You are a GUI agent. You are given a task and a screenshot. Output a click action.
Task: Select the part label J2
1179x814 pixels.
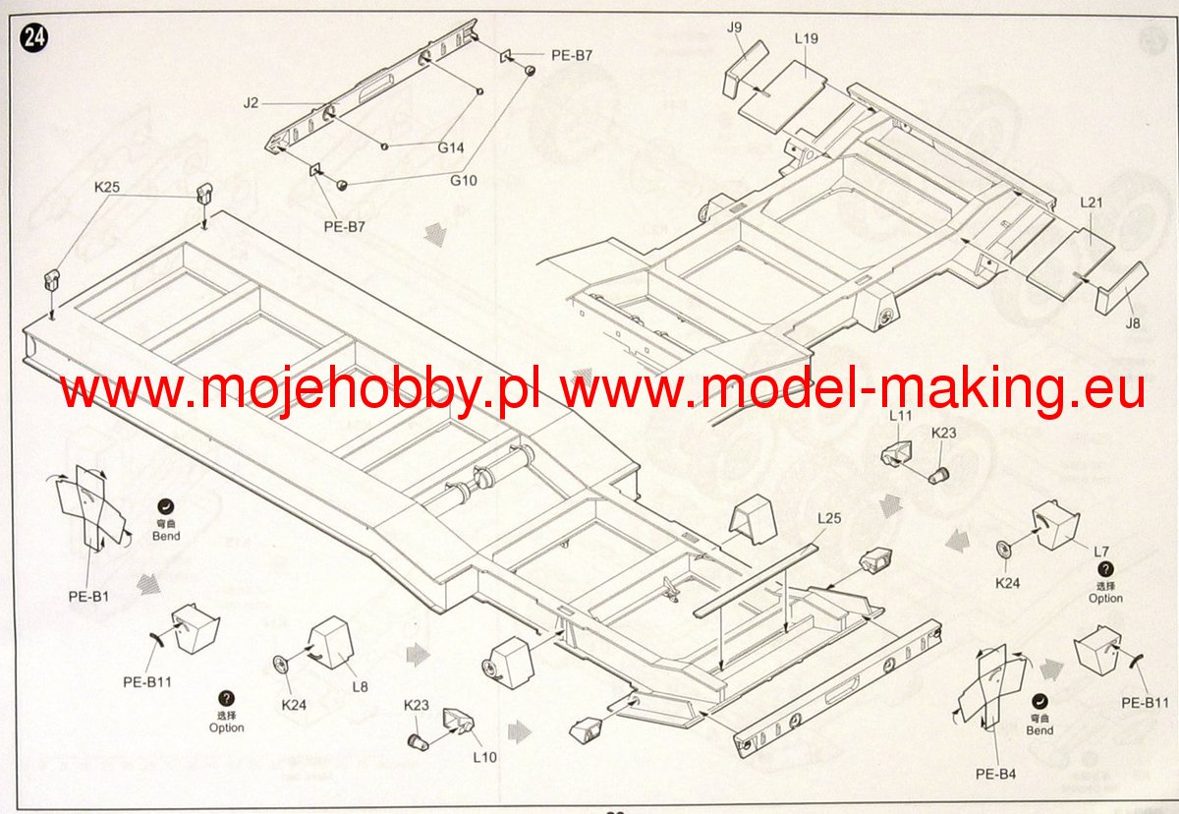(252, 102)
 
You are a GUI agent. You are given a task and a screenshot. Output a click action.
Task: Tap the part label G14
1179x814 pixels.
(451, 147)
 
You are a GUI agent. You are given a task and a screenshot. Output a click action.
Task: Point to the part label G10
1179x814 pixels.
(463, 180)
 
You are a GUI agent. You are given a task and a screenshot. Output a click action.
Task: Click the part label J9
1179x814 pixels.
(734, 27)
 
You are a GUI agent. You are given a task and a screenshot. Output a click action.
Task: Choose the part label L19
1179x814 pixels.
(806, 39)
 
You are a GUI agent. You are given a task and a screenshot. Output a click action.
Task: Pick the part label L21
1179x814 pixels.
(1093, 203)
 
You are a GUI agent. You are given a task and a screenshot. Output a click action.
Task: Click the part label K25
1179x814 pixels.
(107, 186)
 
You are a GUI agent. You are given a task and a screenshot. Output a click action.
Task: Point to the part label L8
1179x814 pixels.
(361, 686)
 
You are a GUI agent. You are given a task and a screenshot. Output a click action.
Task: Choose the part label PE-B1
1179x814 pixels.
(87, 595)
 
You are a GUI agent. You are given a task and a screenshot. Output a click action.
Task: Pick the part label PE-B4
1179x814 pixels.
(996, 774)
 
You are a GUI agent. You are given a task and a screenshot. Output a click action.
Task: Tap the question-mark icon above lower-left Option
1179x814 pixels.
(227, 698)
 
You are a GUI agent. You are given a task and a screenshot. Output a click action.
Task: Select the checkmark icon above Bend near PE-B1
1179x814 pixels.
(166, 507)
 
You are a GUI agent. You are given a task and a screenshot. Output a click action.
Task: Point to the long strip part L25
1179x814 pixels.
(756, 581)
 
